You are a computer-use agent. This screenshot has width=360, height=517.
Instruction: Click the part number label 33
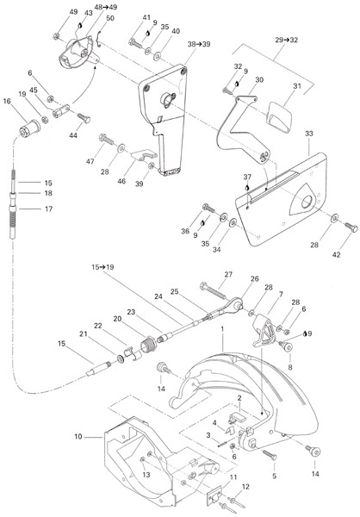pos(309,134)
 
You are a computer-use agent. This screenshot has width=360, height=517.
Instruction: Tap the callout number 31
pos(297,86)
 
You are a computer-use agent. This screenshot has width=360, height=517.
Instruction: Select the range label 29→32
pos(286,40)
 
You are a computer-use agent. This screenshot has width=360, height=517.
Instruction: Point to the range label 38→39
pos(199,44)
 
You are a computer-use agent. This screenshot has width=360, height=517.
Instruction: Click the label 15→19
pos(102,267)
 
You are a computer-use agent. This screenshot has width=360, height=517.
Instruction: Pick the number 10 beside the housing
pos(78,437)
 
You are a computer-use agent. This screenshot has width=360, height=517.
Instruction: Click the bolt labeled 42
pos(351,227)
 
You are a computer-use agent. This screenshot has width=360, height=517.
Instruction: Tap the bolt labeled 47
pos(106,139)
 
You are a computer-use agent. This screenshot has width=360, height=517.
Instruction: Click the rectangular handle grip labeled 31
pos(280,116)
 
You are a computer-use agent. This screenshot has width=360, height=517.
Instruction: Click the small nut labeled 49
pos(56,36)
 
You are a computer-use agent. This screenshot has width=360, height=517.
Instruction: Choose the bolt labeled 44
pos(84,118)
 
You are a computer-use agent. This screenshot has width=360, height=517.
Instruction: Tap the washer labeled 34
pos(233,222)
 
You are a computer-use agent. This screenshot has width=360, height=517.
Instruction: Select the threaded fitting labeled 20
pos(148,344)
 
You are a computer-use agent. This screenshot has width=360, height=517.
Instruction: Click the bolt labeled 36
pos(209,209)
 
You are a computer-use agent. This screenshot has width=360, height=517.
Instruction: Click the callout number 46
pos(121,181)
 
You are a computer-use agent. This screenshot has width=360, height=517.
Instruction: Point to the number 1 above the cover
pos(222,329)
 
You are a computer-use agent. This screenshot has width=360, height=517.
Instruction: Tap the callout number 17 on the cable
pos(48,209)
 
